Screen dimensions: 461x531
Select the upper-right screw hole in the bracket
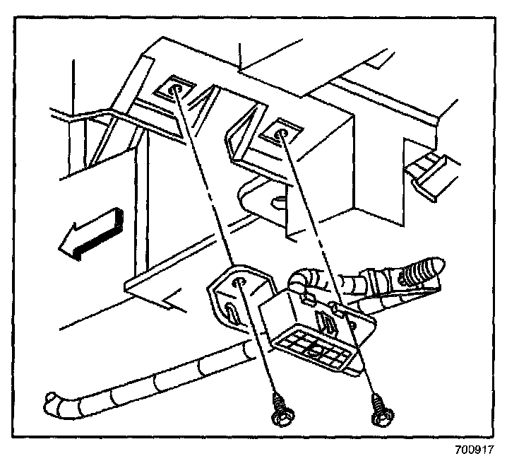point(281,132)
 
